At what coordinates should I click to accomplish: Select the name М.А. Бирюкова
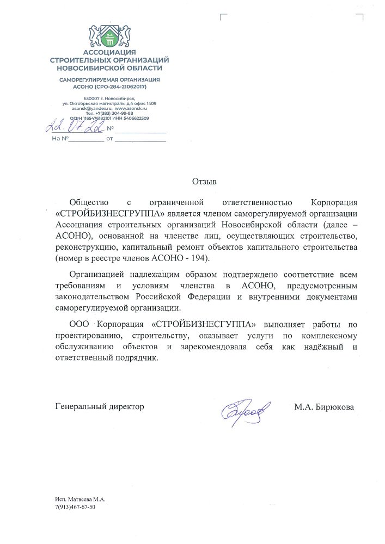(x=324, y=406)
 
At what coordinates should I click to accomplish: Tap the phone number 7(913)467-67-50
(x=75, y=507)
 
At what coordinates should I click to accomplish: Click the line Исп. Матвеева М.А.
(x=80, y=499)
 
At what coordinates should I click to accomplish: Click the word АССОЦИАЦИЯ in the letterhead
(x=109, y=52)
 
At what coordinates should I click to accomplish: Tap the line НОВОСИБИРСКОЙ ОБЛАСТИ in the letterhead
(x=109, y=68)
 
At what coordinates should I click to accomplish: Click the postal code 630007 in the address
(x=84, y=97)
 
